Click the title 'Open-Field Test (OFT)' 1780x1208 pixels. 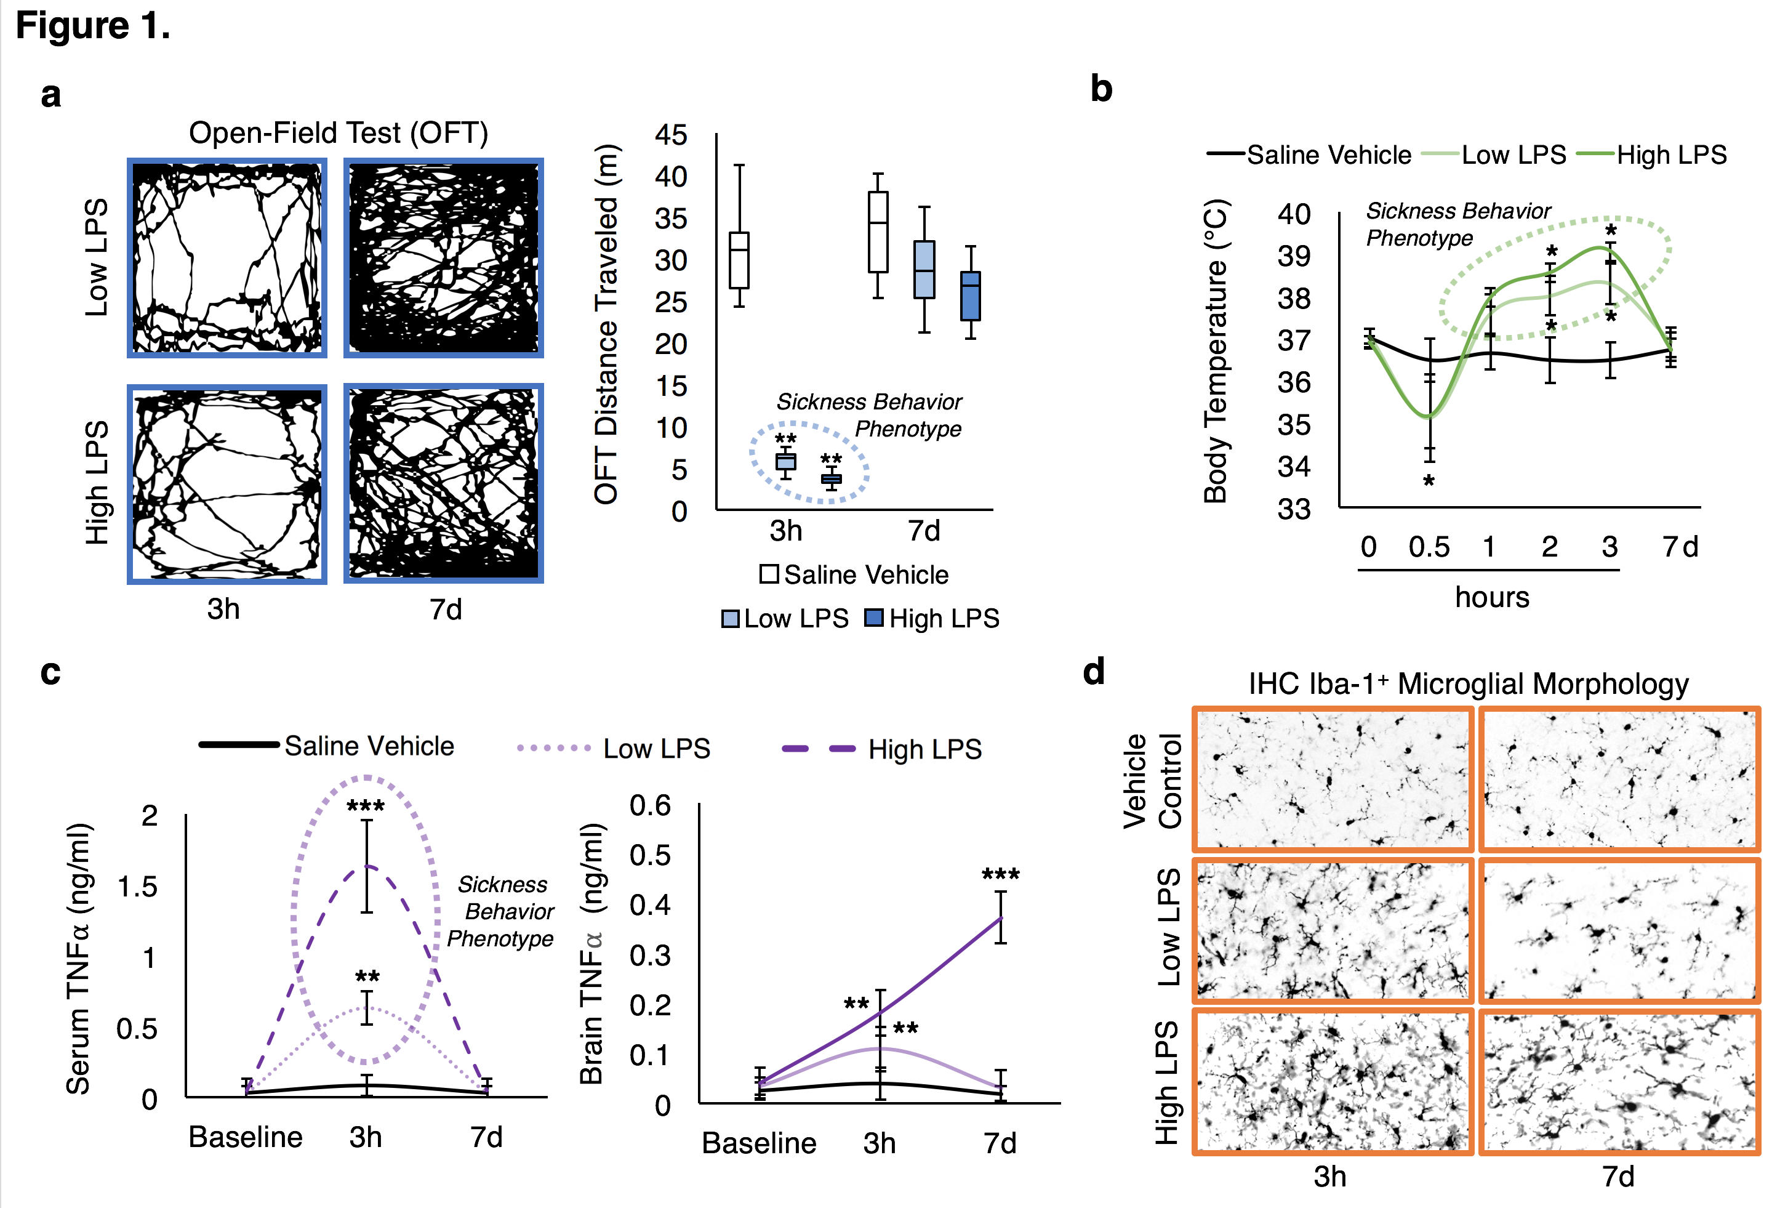[338, 133]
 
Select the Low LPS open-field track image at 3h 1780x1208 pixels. [228, 258]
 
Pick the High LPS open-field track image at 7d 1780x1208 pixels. [444, 484]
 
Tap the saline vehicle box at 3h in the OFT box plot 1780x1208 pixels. [739, 260]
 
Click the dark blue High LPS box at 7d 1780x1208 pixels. [971, 296]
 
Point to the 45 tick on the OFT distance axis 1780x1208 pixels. [671, 135]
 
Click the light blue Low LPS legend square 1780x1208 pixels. [731, 619]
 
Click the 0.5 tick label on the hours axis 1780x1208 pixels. [1429, 547]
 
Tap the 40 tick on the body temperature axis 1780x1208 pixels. [1294, 214]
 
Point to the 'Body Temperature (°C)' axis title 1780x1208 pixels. [1216, 351]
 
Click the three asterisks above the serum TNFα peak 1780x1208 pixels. [366, 806]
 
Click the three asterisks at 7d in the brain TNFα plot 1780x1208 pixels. [1000, 875]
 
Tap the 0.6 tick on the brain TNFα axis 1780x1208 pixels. [651, 806]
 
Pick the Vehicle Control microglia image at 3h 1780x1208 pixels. [1333, 779]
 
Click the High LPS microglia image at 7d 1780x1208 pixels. [1618, 1082]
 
